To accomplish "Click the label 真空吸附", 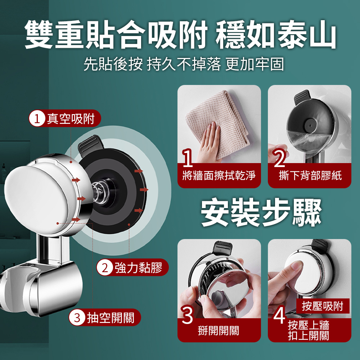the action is [71, 119].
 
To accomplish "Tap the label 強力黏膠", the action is [139, 267].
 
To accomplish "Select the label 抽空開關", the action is [111, 318].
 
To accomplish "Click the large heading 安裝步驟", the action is [261, 212].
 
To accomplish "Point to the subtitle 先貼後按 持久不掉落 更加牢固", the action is [184, 64].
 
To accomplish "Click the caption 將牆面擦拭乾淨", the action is [219, 175].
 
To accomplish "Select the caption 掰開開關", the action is [219, 330].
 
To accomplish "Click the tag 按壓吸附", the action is [323, 306].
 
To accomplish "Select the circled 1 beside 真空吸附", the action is [37, 119].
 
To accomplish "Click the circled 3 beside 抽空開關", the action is [77, 318].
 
